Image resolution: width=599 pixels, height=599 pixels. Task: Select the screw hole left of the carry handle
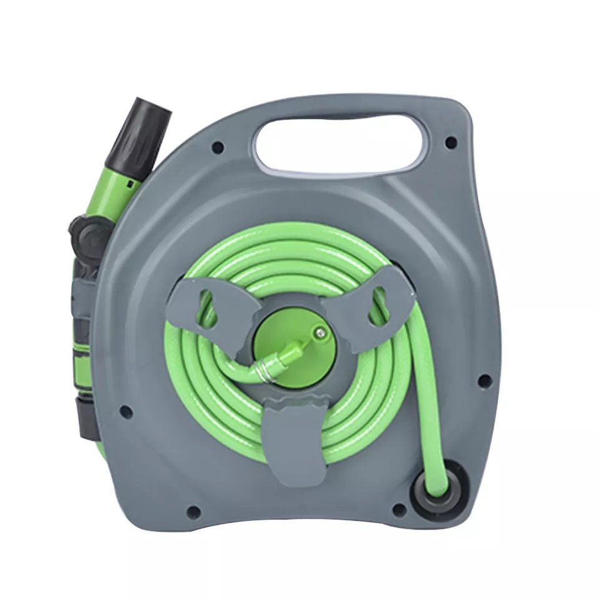tap(217, 148)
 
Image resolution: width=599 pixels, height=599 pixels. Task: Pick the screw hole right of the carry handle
tap(450, 143)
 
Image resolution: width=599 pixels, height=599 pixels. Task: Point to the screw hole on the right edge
tap(483, 379)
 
